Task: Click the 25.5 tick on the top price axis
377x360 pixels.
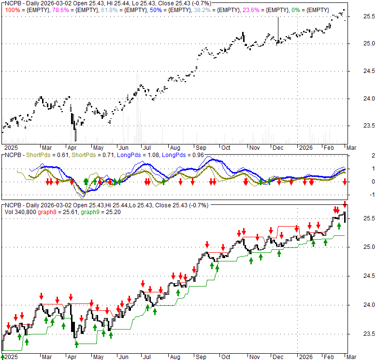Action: [x=357, y=16]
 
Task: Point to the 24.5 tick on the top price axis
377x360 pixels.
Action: [x=357, y=72]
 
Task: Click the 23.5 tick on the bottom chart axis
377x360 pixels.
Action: [x=357, y=334]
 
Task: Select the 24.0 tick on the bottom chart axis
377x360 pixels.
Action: [x=357, y=305]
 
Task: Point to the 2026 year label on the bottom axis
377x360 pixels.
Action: [x=305, y=357]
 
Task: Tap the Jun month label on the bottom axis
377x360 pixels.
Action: [x=123, y=357]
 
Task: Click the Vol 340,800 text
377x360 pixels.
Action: [x=19, y=212]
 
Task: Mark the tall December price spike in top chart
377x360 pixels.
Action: [x=278, y=27]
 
